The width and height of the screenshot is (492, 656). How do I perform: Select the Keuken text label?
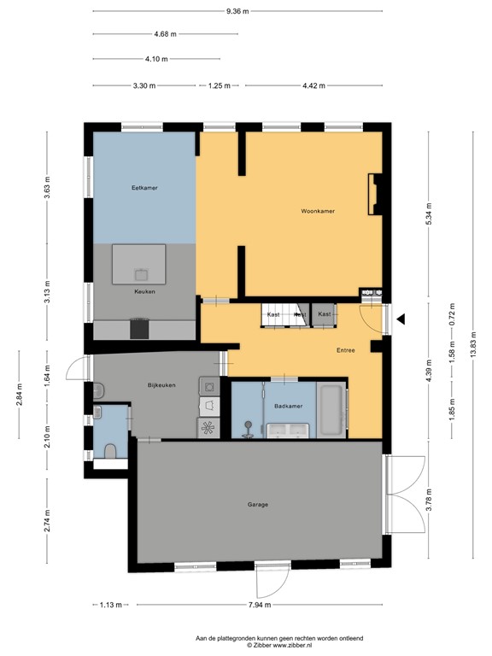coord(144,292)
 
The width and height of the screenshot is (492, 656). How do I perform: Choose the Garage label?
coord(258,505)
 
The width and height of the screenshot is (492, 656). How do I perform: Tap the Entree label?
coord(345,350)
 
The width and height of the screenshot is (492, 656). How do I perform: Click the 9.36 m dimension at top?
coord(238,12)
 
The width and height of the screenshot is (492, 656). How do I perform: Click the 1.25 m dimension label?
coord(220,85)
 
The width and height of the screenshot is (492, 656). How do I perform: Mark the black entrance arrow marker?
coord(400,319)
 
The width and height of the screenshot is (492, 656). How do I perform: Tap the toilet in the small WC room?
coord(109,450)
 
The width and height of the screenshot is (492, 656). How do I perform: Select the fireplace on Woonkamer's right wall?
coord(372,194)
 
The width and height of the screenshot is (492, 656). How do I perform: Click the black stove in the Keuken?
coord(138,328)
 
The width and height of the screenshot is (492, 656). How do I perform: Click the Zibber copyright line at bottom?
coord(279,645)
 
